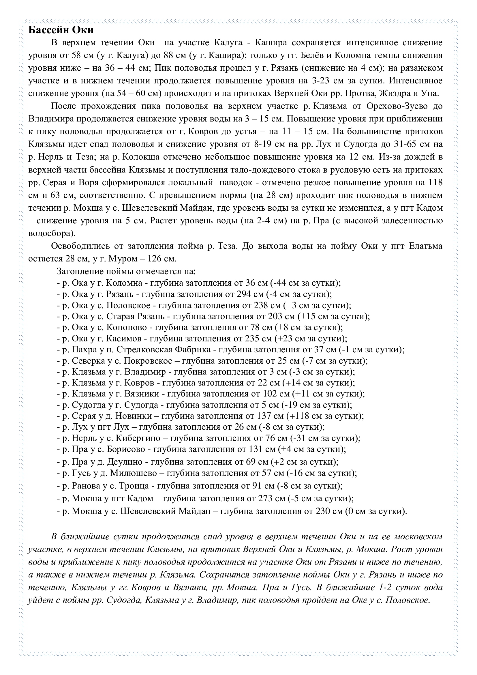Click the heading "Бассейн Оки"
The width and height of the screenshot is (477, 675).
[x=61, y=30]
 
